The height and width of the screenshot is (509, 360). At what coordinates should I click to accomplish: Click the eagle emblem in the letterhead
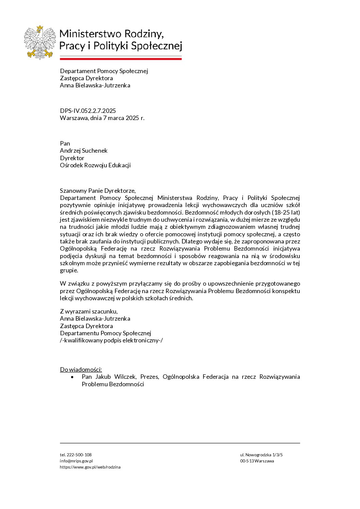click(x=40, y=42)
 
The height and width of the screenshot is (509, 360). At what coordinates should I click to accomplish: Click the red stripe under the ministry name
click(x=121, y=59)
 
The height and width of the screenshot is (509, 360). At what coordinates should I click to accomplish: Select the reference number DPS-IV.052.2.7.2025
click(x=88, y=111)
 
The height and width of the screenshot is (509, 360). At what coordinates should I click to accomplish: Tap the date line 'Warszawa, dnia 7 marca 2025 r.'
click(x=102, y=118)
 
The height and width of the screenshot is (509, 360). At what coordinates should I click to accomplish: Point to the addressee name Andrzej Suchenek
click(x=84, y=151)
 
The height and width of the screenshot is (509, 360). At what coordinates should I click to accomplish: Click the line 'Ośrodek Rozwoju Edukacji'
click(x=95, y=165)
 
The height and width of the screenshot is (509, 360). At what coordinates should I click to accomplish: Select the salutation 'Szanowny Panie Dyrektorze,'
click(x=98, y=191)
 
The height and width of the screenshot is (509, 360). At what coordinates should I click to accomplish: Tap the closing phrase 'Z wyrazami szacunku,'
click(x=89, y=311)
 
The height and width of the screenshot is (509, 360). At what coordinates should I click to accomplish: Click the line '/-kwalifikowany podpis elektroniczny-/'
click(x=111, y=340)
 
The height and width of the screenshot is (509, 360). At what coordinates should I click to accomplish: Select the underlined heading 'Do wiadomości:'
click(x=81, y=370)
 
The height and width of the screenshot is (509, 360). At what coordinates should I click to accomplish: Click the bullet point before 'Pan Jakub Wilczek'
click(x=72, y=377)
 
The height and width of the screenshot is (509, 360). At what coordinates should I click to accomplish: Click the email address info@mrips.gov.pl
click(x=76, y=461)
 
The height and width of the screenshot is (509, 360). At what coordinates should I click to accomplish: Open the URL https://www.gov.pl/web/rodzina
click(x=90, y=467)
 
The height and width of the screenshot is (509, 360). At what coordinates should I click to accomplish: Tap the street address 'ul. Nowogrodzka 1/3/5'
click(x=261, y=455)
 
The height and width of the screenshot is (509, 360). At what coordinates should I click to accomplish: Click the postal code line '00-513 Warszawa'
click(x=257, y=461)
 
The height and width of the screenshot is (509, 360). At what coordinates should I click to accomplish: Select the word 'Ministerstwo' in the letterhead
click(x=90, y=34)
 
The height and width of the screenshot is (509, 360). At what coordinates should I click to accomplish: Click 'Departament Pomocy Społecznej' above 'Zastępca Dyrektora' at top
click(x=104, y=71)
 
